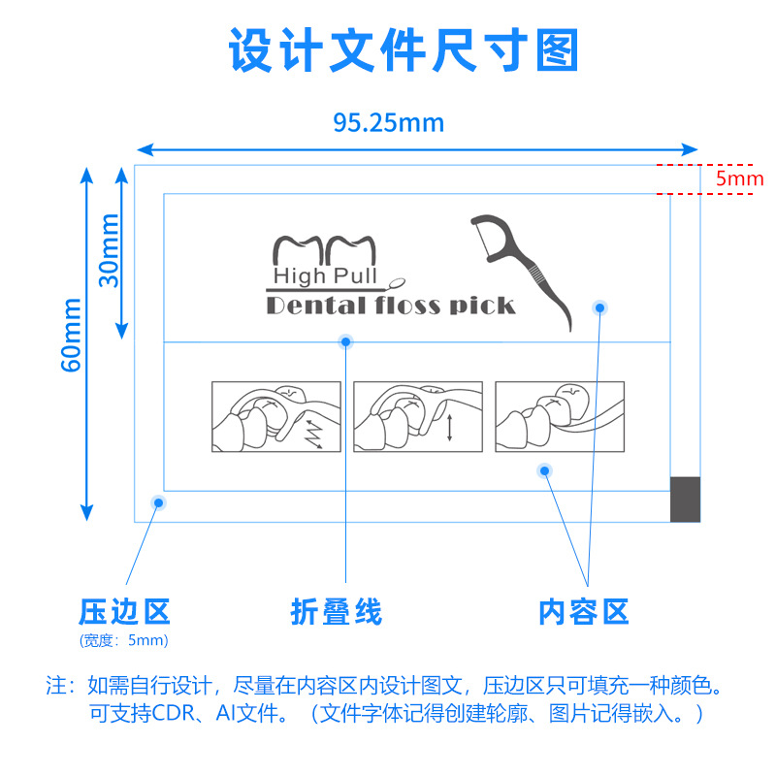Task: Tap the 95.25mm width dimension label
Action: pos(389,123)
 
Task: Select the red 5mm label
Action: pos(740,178)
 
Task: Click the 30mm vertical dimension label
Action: pos(109,250)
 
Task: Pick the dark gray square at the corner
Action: pos(685,499)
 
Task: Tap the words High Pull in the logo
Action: pos(324,276)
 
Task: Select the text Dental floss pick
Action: pos(390,307)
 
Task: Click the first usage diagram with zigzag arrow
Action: pos(276,416)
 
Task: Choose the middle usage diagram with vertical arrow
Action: pos(418,416)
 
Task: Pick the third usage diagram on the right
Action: pos(560,416)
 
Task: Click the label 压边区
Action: pos(124,612)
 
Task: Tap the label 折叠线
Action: pos(337,612)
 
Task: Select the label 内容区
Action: pos(584,612)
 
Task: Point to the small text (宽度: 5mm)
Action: pos(124,640)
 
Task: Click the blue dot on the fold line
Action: pos(345,341)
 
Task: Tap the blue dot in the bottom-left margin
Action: pos(156,501)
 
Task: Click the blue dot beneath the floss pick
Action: pos(600,307)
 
